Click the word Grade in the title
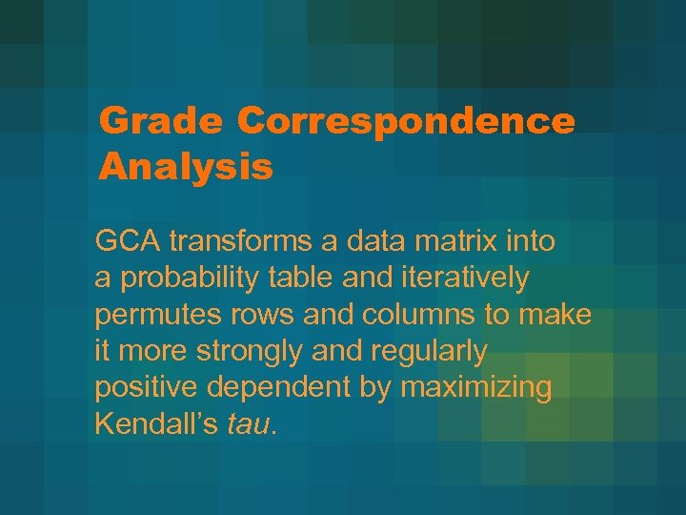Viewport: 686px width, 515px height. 160,121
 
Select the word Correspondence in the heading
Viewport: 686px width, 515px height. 406,121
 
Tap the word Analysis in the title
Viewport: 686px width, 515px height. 186,167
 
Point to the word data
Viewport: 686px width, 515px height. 363,242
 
